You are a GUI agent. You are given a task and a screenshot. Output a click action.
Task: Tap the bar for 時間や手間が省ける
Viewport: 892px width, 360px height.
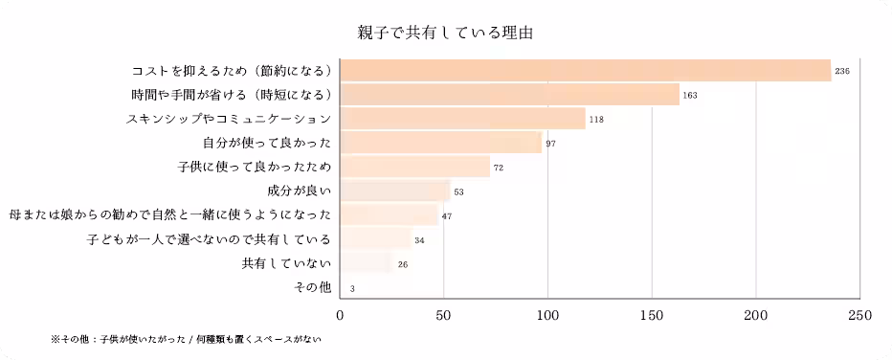[510, 95]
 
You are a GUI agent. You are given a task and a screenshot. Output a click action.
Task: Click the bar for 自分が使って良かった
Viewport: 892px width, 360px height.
[441, 143]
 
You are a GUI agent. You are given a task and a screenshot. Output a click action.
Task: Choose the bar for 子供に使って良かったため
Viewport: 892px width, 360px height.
[415, 168]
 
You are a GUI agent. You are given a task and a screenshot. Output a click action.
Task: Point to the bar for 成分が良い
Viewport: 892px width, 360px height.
[395, 191]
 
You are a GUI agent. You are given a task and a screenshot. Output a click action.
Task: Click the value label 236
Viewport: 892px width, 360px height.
[842, 72]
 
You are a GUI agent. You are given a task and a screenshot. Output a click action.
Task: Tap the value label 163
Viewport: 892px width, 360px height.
[690, 96]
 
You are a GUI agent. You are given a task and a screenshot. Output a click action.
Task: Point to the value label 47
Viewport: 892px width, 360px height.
[447, 216]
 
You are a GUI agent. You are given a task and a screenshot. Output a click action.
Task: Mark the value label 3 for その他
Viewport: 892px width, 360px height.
[353, 288]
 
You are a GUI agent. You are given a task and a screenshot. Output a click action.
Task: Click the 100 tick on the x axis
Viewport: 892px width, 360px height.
[548, 313]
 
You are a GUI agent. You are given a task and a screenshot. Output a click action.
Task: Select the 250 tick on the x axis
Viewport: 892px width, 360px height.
[859, 313]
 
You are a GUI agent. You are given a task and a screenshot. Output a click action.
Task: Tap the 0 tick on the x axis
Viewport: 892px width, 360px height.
[341, 313]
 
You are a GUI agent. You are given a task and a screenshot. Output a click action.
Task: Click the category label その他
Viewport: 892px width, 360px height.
[315, 287]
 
